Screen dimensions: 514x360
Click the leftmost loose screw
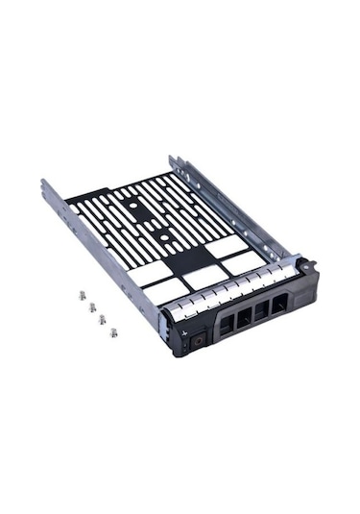pos(80,296)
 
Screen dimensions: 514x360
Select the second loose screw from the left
pos(91,308)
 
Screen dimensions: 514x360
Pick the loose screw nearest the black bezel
pos(112,332)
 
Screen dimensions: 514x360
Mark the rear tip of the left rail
pos(45,183)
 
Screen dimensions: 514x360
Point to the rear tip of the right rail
pos(173,159)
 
